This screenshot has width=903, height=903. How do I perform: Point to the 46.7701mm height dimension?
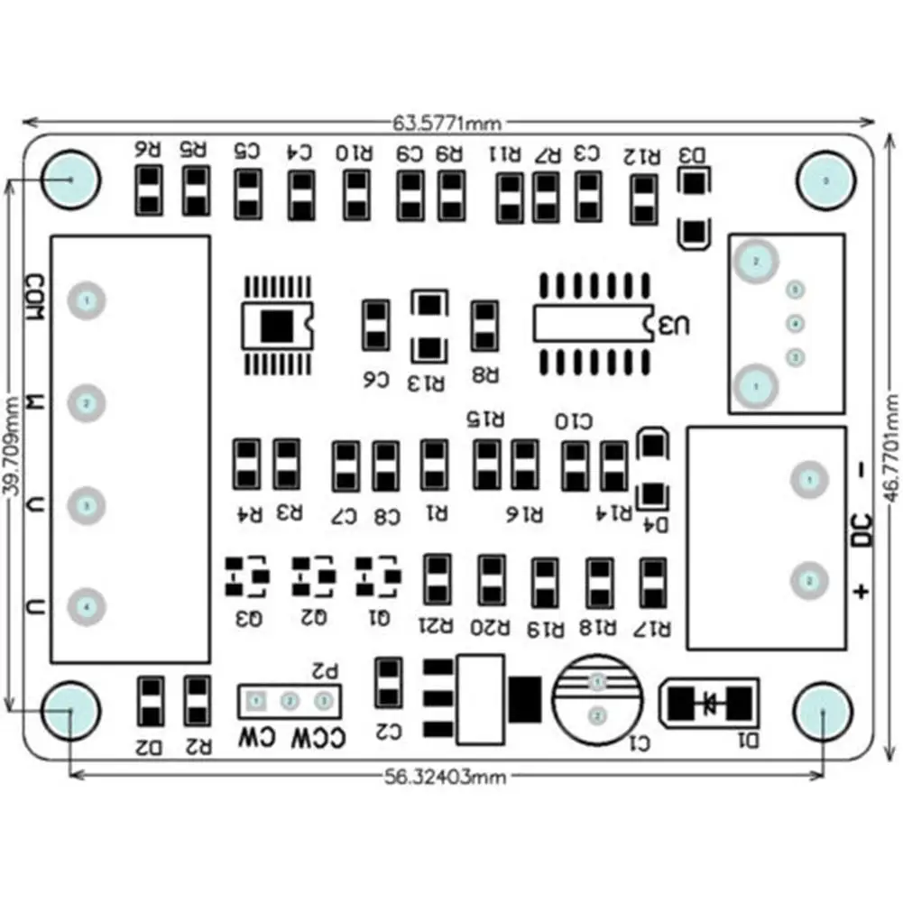(890, 446)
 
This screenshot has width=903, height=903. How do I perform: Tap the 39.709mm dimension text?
(12, 445)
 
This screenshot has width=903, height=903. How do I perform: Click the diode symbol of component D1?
(709, 701)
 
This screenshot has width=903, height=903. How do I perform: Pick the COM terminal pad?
(87, 299)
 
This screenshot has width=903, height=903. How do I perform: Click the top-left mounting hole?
(71, 179)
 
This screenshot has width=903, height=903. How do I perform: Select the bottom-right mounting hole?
(825, 710)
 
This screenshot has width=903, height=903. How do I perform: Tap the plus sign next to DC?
(862, 591)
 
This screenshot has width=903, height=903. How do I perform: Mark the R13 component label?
(427, 383)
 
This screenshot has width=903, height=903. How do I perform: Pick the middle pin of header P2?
(290, 700)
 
